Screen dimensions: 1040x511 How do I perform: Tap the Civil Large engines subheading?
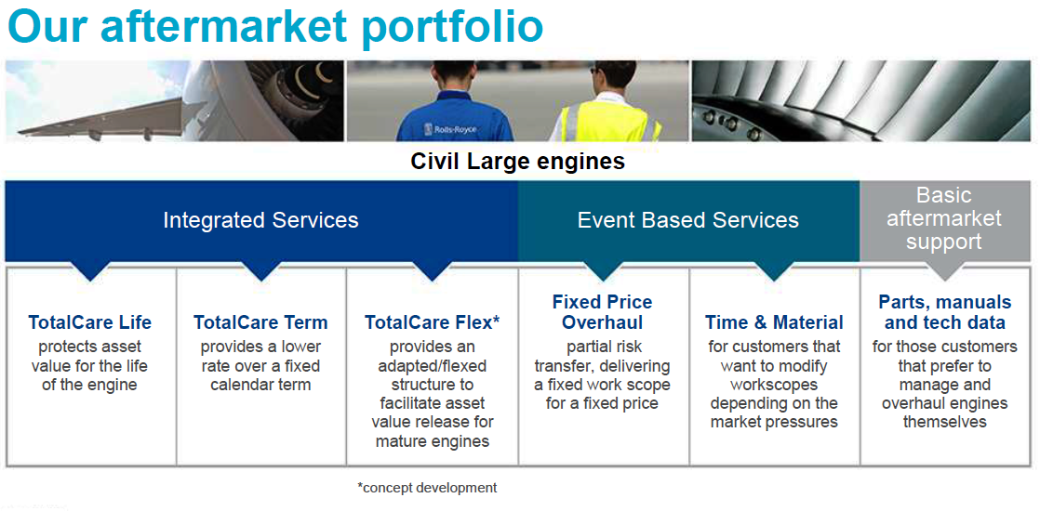pyautogui.click(x=518, y=161)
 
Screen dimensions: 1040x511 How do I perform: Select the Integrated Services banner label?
pyautogui.click(x=260, y=220)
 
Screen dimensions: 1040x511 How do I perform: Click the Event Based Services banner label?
pyautogui.click(x=688, y=220)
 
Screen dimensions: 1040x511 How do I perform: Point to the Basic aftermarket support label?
pyautogui.click(x=944, y=218)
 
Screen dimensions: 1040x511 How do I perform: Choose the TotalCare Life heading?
pyautogui.click(x=89, y=322)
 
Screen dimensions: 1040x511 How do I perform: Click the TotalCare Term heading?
pyautogui.click(x=260, y=322)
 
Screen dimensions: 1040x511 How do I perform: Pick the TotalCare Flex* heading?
pyautogui.click(x=432, y=322)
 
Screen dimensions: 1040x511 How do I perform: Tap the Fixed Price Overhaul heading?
pyautogui.click(x=602, y=312)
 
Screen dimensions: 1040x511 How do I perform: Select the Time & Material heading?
pyautogui.click(x=774, y=322)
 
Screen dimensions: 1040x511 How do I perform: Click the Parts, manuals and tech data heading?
pyautogui.click(x=945, y=312)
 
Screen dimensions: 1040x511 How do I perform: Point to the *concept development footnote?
pyautogui.click(x=427, y=488)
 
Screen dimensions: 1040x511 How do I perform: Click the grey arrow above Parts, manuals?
pyautogui.click(x=944, y=270)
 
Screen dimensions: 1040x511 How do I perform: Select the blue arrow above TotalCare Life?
pyautogui.click(x=89, y=270)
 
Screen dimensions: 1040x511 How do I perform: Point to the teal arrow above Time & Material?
pyautogui.click(x=774, y=270)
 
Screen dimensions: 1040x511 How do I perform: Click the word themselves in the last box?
pyautogui.click(x=945, y=422)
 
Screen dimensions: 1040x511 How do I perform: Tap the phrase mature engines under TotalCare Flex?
pyautogui.click(x=433, y=440)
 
